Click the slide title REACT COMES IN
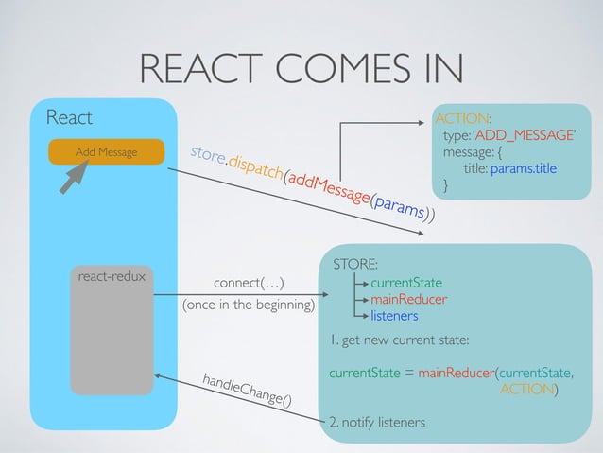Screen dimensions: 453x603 (301, 67)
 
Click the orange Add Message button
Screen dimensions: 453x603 (106, 152)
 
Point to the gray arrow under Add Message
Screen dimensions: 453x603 (76, 180)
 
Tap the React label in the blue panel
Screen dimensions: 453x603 (70, 118)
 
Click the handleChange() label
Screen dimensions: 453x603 (247, 391)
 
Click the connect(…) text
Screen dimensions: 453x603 (249, 283)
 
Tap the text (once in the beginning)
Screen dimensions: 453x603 (249, 305)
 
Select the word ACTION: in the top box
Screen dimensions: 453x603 (462, 118)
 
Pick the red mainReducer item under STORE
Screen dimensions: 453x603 (408, 300)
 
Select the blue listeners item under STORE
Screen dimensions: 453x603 (394, 316)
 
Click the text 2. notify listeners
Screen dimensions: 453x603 (376, 421)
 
